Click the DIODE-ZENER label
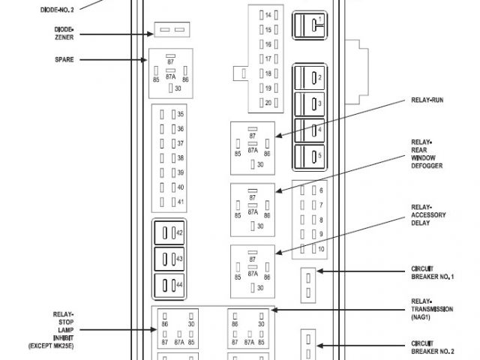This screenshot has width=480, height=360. (x=64, y=33)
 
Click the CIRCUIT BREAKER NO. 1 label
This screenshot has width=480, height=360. (x=431, y=273)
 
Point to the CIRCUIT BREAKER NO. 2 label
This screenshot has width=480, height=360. (x=431, y=346)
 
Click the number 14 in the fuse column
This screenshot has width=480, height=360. (x=268, y=15)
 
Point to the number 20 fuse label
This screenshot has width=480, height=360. (x=268, y=102)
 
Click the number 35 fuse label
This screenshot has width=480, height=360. (x=180, y=115)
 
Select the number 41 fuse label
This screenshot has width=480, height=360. (x=180, y=202)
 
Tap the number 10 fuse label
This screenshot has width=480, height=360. (x=320, y=248)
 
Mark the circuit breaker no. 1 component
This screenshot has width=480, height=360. (x=307, y=283)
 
